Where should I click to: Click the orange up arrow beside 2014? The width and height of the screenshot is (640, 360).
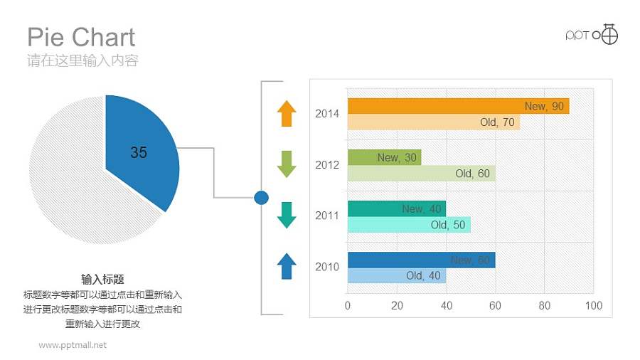tap(286, 113)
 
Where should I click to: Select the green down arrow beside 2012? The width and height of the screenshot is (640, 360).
tap(286, 164)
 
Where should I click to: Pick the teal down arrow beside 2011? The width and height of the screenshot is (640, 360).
tap(286, 215)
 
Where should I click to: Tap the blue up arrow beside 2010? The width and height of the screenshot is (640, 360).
tap(286, 266)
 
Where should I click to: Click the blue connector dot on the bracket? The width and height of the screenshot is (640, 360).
tap(261, 197)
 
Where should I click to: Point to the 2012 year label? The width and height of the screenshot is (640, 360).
tap(327, 164)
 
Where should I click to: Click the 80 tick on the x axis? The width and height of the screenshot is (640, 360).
tap(545, 306)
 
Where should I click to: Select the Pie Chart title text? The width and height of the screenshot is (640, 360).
tap(81, 37)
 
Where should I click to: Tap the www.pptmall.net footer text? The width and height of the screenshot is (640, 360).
tap(73, 345)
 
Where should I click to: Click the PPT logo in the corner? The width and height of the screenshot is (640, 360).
tap(592, 34)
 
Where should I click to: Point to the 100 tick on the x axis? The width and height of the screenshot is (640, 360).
tap(593, 306)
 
